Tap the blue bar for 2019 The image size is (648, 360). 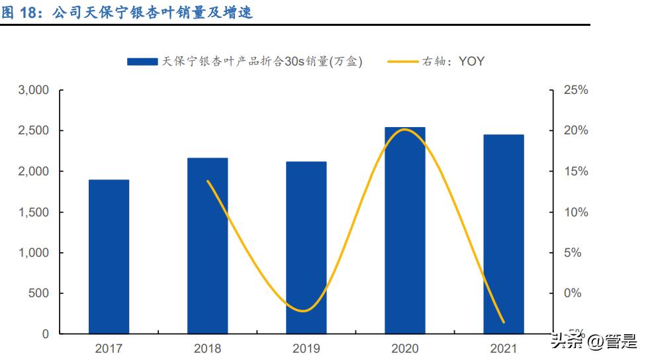(x=306, y=247)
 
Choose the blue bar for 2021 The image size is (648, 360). (x=504, y=234)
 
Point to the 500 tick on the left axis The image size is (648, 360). (x=41, y=294)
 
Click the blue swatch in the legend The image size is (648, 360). (x=142, y=62)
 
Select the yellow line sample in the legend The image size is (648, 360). (x=404, y=62)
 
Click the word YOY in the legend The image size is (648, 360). (x=471, y=62)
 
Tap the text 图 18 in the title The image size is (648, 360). (x=18, y=11)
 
